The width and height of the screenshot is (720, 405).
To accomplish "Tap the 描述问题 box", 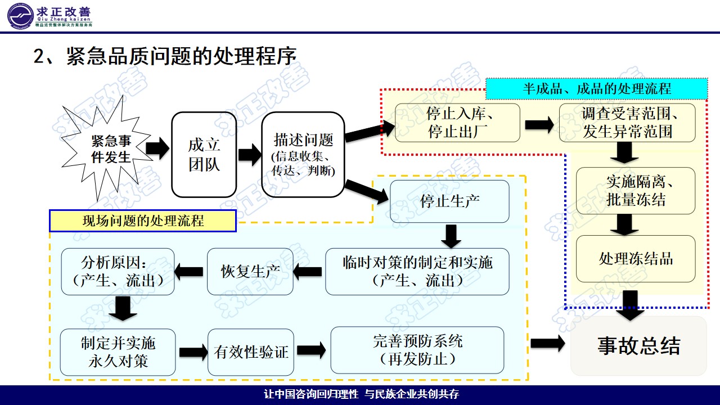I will [303, 155].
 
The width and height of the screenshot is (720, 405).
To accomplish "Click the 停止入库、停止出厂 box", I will [457, 123].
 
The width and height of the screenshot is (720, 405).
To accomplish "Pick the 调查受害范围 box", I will [627, 123].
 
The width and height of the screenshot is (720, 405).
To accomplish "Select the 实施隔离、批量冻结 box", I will [635, 191].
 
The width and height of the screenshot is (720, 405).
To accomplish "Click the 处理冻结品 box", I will [635, 259].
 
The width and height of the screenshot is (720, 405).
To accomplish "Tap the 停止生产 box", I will [449, 201].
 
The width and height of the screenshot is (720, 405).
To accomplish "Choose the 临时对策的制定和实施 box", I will [417, 272].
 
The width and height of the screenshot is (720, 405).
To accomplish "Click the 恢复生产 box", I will [250, 272].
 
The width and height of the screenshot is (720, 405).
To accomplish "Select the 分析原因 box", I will [118, 272].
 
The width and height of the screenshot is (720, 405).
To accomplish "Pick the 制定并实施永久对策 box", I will [118, 352].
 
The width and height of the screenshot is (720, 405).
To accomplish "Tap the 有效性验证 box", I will [251, 352].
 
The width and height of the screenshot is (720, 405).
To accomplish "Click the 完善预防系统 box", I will [417, 350].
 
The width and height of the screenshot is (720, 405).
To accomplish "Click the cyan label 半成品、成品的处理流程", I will [596, 89].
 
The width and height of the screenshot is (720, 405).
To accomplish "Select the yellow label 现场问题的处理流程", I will [143, 221].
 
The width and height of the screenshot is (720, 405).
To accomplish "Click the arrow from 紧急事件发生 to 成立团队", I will [157, 149].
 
